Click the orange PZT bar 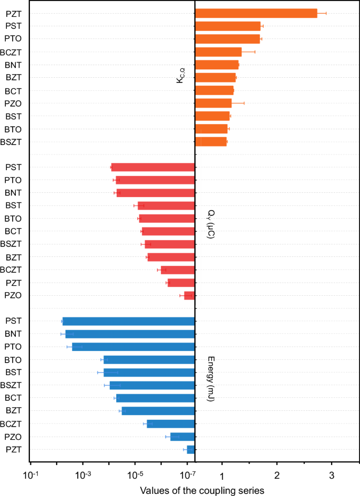(256, 13)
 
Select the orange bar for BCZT (218, 52)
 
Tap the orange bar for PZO (213, 103)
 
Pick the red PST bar (153, 168)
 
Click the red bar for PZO (189, 296)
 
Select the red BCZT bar (178, 270)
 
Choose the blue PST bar (129, 322)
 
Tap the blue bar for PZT (191, 450)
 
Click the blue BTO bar (149, 360)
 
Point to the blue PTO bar (133, 347)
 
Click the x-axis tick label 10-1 (31, 476)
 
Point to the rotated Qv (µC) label (211, 225)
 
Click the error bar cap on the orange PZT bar (326, 13)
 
